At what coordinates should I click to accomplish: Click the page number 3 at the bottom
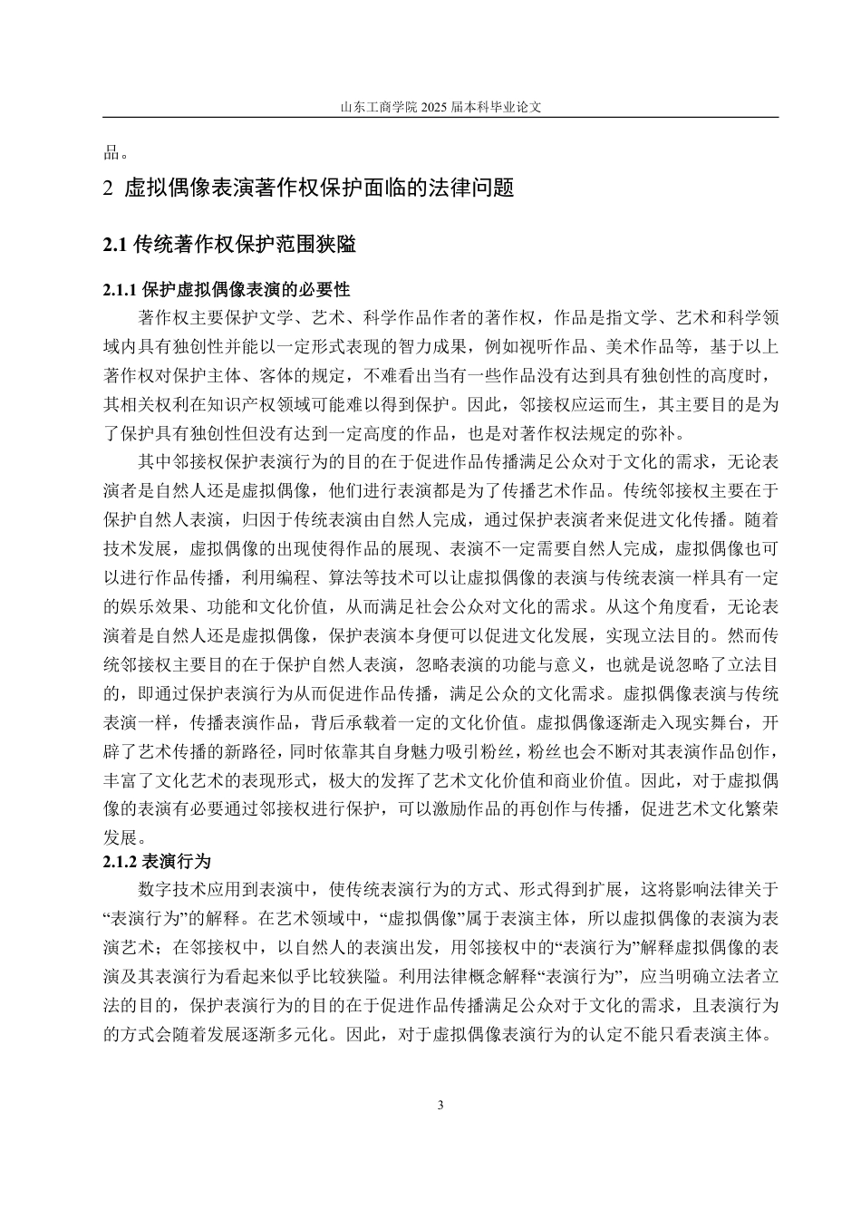[440, 1105]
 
